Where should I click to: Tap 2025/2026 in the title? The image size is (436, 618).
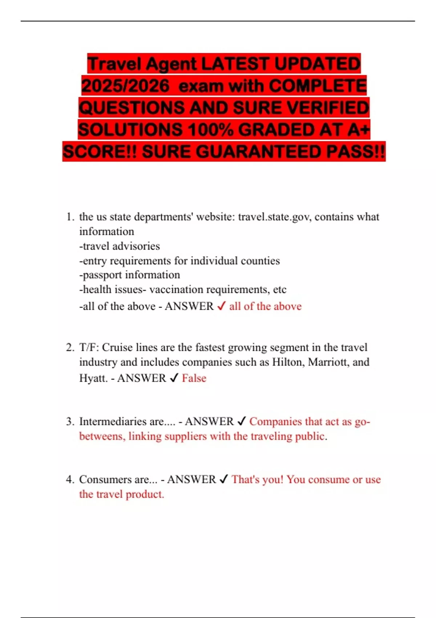coord(125,86)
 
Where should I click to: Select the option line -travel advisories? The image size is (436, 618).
coord(120,246)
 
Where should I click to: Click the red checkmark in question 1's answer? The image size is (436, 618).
coord(221,306)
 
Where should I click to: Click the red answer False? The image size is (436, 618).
coord(194,378)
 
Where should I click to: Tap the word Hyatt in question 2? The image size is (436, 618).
coord(93,378)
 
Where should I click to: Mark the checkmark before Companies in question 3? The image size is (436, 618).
coord(242,421)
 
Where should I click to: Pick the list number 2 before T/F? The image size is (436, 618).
coord(69,348)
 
